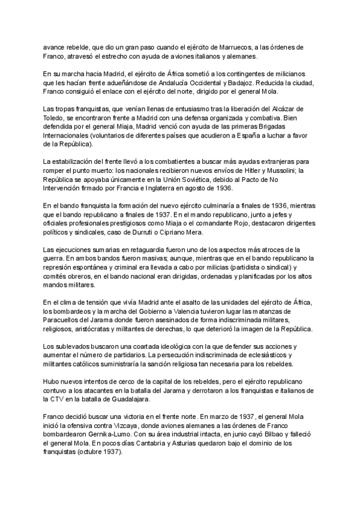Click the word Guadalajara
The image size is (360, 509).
click(x=169, y=399)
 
